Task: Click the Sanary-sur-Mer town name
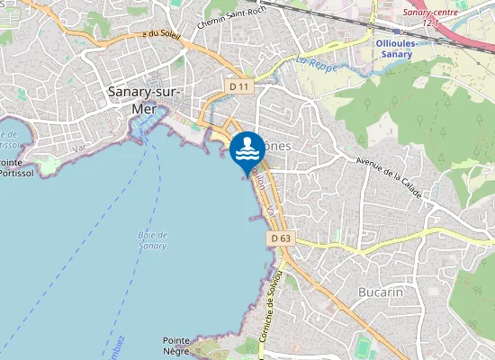[144, 99]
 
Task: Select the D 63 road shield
[280, 238]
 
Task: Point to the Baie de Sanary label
[153, 239]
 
